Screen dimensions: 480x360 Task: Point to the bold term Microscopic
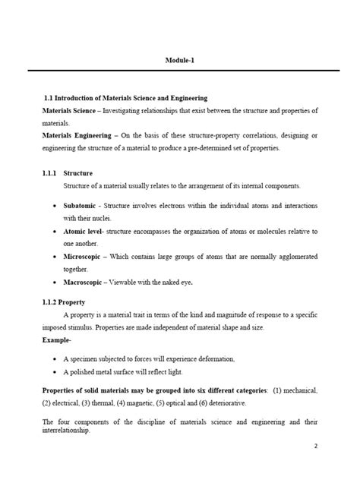point(84,257)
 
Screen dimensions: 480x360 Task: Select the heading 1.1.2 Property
point(63,302)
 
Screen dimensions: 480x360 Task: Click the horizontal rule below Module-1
point(180,70)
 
